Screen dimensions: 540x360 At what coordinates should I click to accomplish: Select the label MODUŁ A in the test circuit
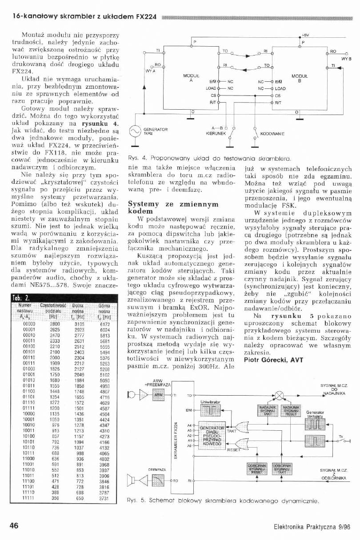188,78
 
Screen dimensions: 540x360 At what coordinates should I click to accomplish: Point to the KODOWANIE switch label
272,133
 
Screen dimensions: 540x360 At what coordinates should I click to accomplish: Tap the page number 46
13,525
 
